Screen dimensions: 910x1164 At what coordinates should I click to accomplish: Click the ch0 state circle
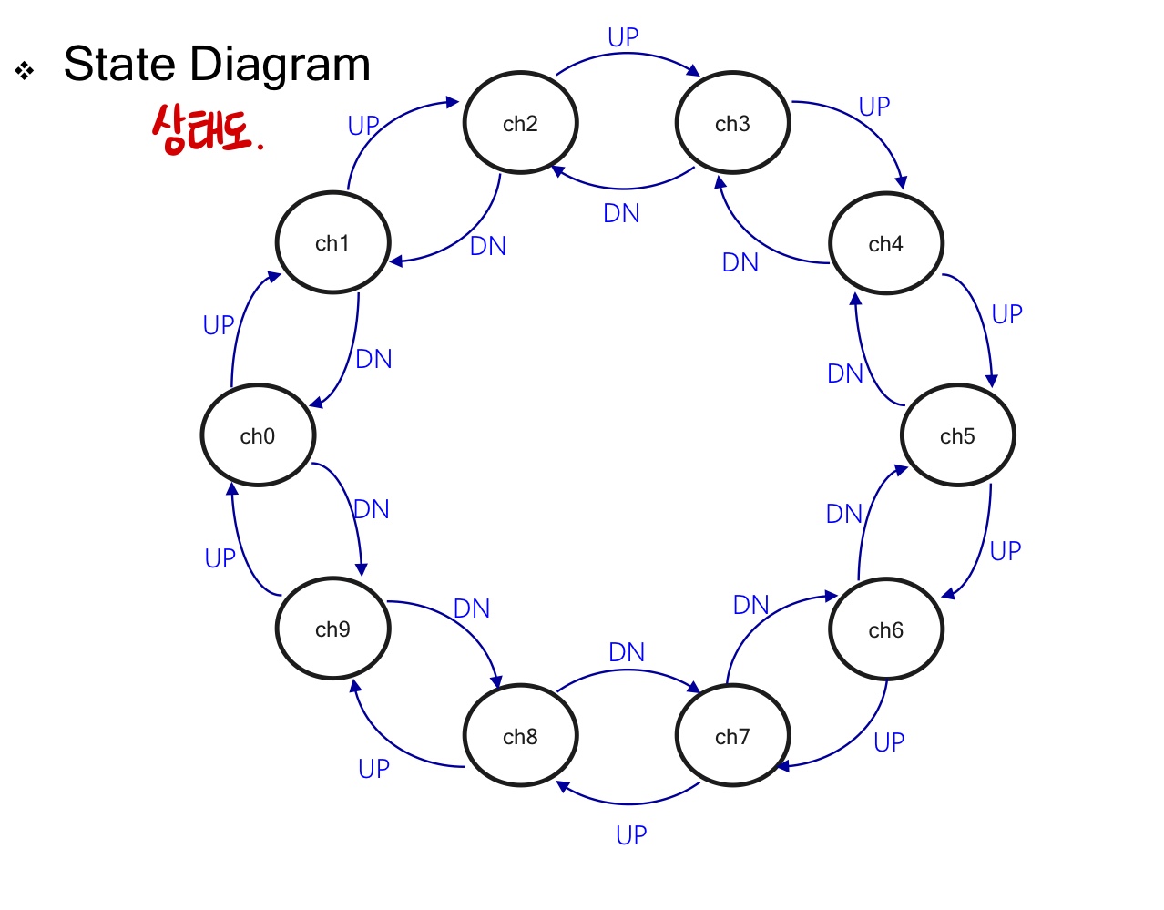click(x=258, y=436)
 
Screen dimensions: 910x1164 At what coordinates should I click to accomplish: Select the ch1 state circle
click(x=332, y=243)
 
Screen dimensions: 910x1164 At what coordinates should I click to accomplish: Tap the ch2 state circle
click(x=520, y=123)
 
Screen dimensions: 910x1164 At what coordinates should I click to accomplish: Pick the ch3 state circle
click(x=732, y=123)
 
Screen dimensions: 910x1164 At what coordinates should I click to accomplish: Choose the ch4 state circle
click(x=885, y=243)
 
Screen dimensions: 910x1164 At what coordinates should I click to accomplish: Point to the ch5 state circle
click(x=957, y=436)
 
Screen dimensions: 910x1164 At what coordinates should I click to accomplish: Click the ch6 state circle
click(x=885, y=629)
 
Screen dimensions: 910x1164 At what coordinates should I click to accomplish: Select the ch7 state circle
click(x=732, y=736)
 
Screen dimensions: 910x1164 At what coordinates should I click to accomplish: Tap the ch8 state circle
click(x=520, y=736)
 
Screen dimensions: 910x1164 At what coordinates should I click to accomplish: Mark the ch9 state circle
click(x=332, y=629)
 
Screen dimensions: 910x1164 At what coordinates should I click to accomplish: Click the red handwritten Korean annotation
click(x=206, y=129)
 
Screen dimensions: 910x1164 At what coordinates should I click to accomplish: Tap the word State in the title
click(x=118, y=65)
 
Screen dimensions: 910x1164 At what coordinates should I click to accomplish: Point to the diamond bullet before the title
click(x=25, y=70)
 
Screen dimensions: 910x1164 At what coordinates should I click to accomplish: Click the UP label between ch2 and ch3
click(x=624, y=37)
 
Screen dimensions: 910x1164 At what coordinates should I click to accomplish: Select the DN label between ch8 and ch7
click(x=627, y=652)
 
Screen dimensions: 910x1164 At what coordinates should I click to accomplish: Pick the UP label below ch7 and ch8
click(x=631, y=835)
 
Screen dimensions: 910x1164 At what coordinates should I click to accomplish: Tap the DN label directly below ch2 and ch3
click(x=622, y=213)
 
